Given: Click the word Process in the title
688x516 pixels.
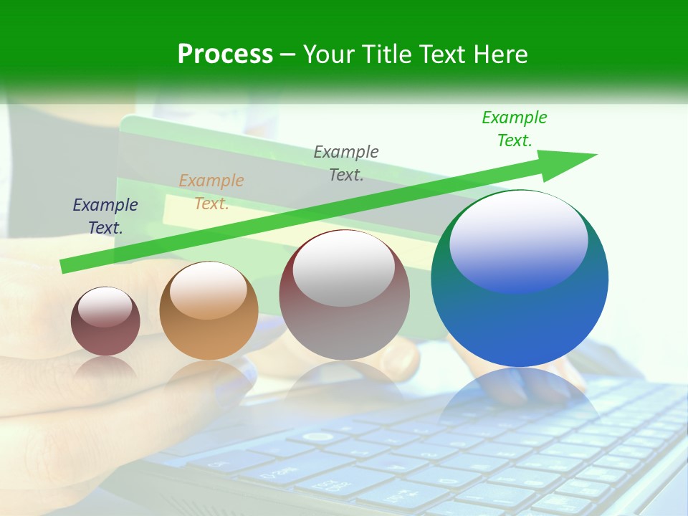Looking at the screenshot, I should pyautogui.click(x=225, y=54).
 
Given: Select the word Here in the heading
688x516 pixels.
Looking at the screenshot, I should pyautogui.click(x=500, y=54).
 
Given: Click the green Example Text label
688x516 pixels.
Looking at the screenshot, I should pyautogui.click(x=515, y=129).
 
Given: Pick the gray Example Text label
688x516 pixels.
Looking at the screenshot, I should pyautogui.click(x=346, y=163).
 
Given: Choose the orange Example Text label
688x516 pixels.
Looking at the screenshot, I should pyautogui.click(x=211, y=192).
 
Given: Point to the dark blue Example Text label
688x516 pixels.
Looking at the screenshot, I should pyautogui.click(x=105, y=216).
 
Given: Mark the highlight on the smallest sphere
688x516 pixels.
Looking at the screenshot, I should pyautogui.click(x=105, y=307).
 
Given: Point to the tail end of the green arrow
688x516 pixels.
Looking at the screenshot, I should pyautogui.click(x=66, y=266).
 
